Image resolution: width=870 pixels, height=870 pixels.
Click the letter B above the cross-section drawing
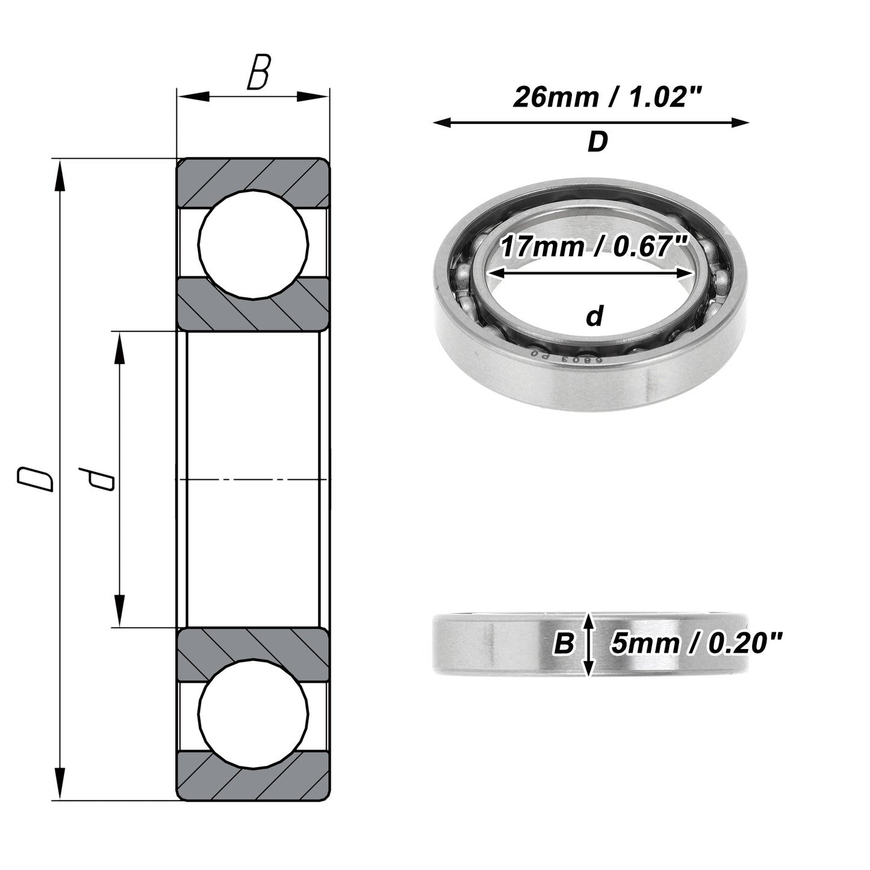tap(259, 72)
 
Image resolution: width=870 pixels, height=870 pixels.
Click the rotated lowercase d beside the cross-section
tap(96, 479)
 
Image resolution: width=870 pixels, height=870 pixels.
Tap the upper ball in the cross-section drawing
tap(253, 244)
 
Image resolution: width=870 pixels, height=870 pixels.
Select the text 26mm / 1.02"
tap(607, 97)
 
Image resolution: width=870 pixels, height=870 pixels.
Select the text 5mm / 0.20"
tap(696, 643)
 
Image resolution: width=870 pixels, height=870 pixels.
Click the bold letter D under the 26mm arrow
tap(598, 141)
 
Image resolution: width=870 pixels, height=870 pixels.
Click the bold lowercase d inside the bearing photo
tap(595, 317)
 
